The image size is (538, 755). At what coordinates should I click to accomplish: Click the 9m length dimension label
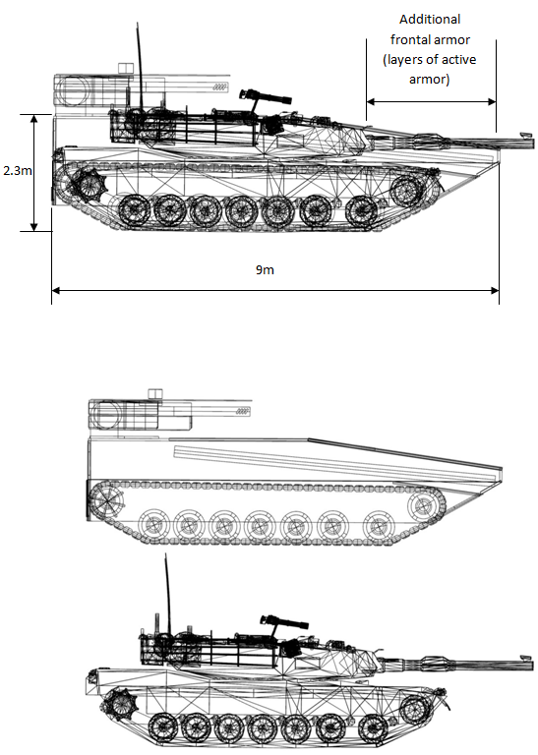265,269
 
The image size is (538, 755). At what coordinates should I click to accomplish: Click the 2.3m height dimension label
18,170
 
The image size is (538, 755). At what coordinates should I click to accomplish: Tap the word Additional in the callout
430,20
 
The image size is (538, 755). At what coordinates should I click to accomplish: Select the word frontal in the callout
410,39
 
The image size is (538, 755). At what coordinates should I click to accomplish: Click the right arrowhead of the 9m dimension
495,290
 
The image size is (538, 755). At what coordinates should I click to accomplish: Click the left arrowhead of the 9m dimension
56,290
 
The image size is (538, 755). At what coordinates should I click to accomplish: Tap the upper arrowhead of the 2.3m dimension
33,119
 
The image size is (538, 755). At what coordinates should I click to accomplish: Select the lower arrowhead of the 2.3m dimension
33,226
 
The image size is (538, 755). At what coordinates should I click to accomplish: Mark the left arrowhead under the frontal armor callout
371,101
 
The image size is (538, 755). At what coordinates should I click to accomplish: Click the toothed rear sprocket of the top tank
90,186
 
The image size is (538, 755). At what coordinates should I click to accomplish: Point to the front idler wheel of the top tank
406,191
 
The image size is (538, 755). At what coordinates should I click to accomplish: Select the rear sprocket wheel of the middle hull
105,500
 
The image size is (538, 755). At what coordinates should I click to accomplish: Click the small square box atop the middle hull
155,393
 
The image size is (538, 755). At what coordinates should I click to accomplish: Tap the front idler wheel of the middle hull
424,506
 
